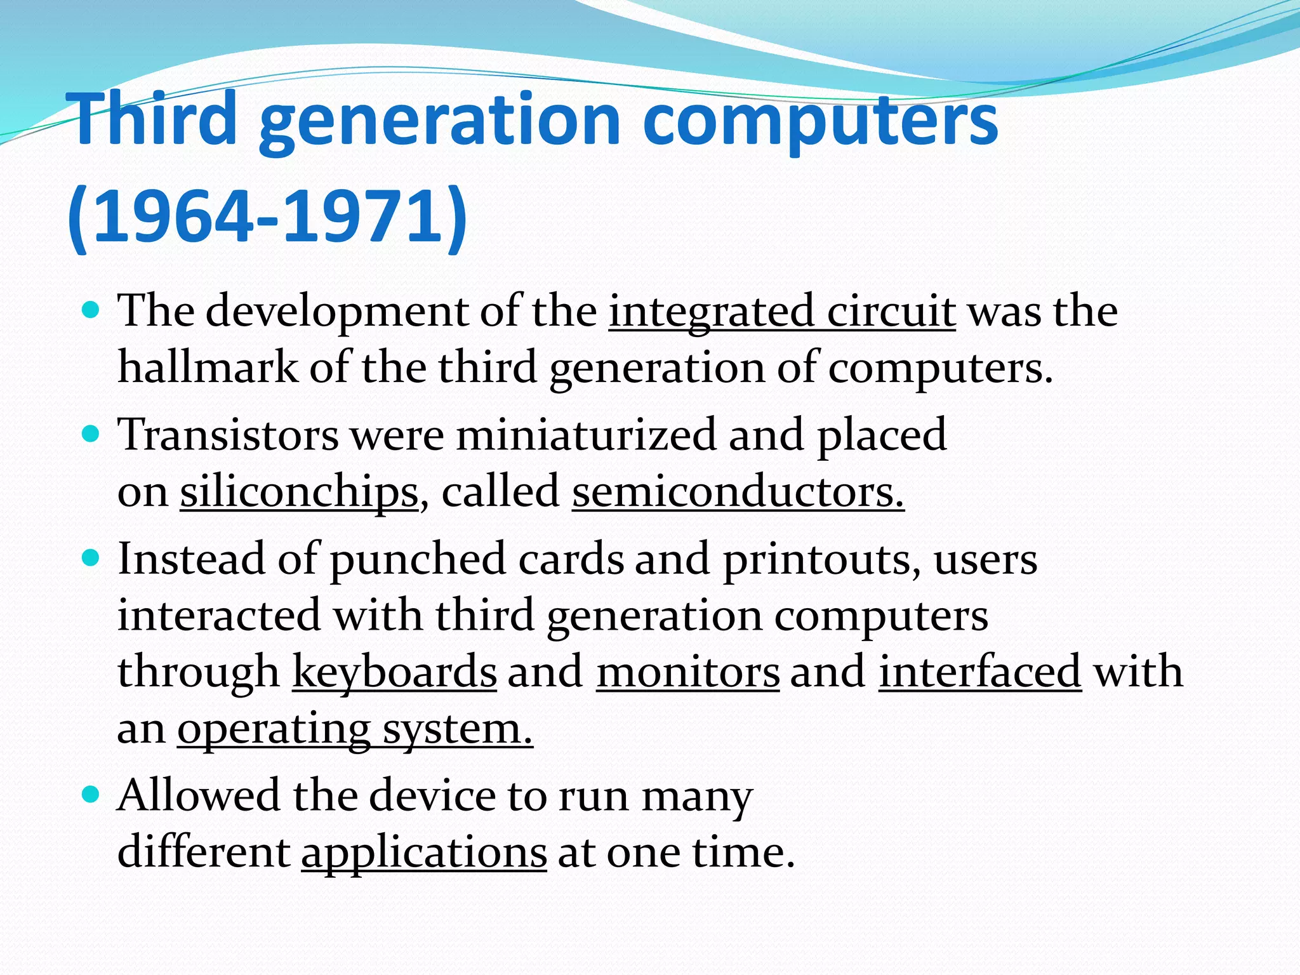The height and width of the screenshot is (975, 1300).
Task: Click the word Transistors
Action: point(229,435)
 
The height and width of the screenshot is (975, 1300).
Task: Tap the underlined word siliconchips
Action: point(299,492)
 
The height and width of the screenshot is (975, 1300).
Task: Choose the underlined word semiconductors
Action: point(738,492)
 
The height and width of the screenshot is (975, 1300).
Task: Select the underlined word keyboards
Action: point(394,672)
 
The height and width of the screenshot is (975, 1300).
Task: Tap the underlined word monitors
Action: point(687,672)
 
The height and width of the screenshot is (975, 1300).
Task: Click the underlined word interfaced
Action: point(979,672)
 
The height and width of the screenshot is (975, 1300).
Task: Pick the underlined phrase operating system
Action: point(355,729)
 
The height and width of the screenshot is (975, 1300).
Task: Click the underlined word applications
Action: point(424,852)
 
